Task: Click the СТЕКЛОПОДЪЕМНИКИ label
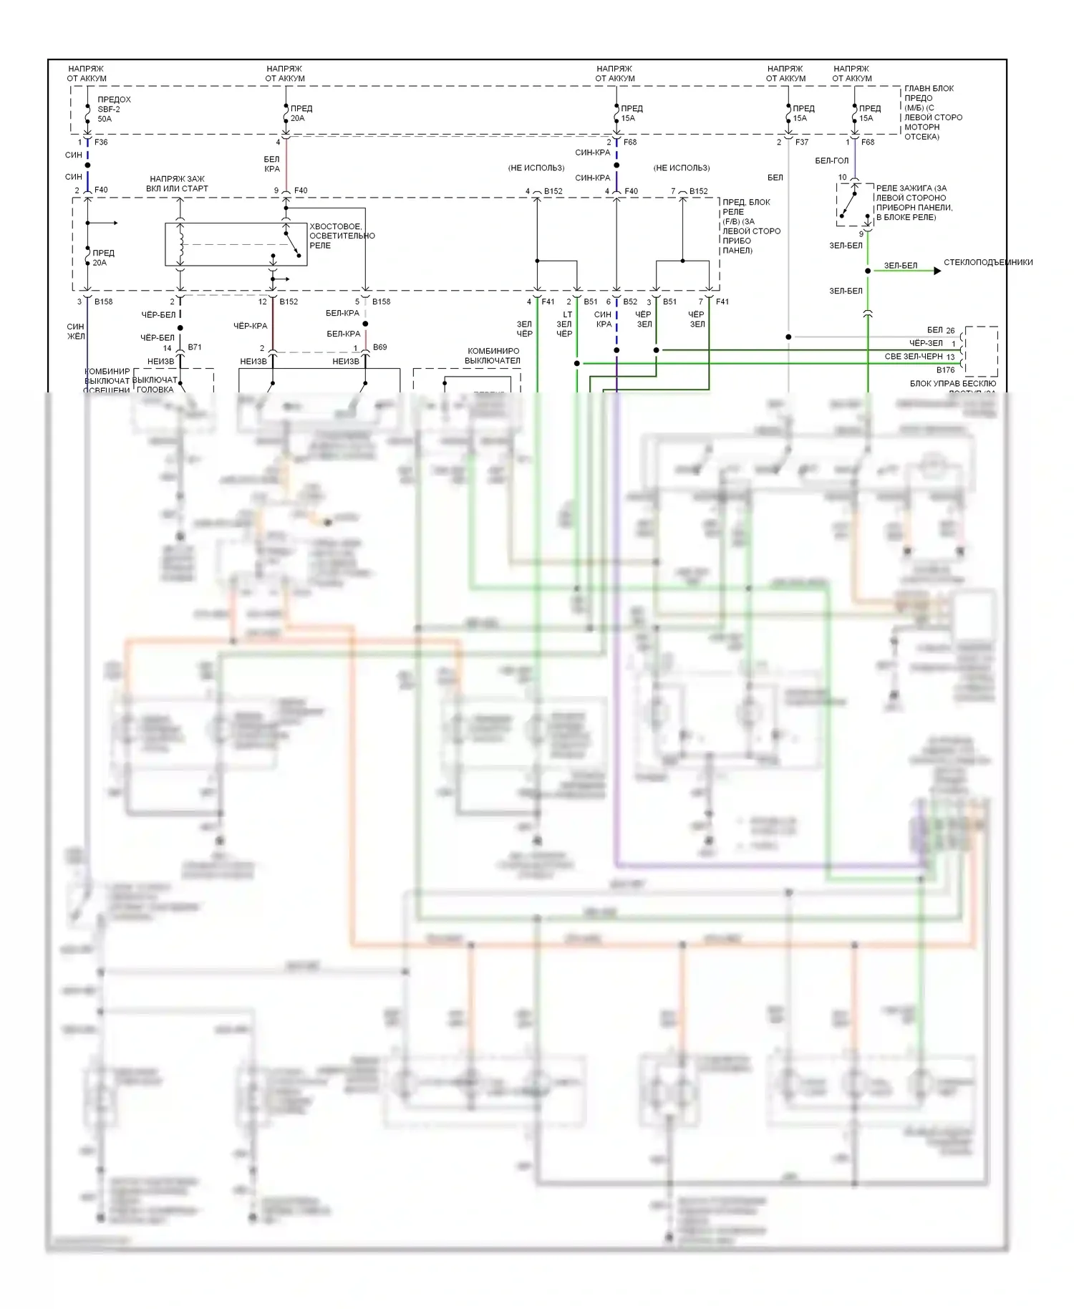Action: point(988,263)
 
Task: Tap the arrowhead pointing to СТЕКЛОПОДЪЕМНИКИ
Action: point(937,271)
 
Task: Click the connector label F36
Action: point(101,143)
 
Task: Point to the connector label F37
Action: point(801,143)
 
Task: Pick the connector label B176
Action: point(945,370)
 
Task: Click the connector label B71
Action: point(194,347)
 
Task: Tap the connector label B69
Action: point(379,347)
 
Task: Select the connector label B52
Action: point(630,302)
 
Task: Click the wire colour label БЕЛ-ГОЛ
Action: point(831,161)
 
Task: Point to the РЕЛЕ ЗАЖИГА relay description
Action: point(914,203)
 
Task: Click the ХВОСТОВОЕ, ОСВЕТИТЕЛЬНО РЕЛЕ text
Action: point(342,236)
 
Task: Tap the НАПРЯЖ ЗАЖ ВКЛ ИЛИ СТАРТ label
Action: point(177,184)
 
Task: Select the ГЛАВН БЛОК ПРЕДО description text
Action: point(932,112)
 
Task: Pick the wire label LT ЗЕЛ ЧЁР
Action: point(565,324)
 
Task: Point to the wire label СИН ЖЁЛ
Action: point(75,332)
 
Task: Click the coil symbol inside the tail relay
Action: point(180,244)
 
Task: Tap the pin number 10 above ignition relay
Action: point(842,178)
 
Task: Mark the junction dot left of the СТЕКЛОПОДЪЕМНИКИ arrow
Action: point(868,271)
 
